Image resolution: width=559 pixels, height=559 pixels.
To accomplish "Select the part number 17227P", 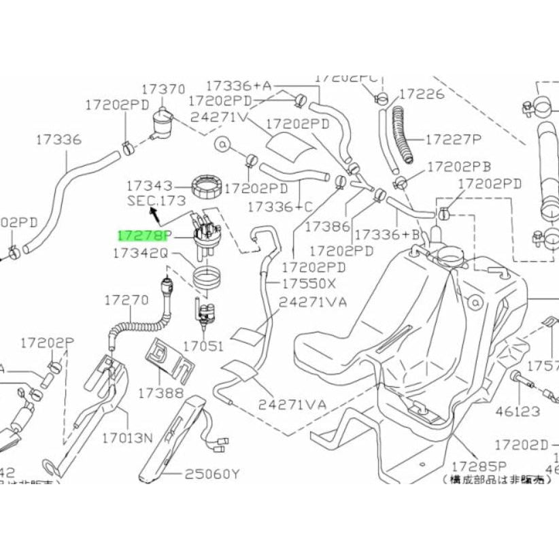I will pyautogui.click(x=453, y=140).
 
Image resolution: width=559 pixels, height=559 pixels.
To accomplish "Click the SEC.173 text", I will pyautogui.click(x=156, y=201).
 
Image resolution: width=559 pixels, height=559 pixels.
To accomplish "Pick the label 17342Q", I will pyautogui.click(x=140, y=253).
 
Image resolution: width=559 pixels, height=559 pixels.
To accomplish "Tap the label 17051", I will pyautogui.click(x=203, y=345).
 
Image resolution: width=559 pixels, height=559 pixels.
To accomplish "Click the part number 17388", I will pyautogui.click(x=160, y=392).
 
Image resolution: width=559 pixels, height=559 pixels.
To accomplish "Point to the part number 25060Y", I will pyautogui.click(x=213, y=473).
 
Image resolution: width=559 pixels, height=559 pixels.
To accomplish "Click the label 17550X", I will pyautogui.click(x=309, y=282).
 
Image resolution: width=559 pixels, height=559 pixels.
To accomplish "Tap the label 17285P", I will pyautogui.click(x=479, y=467).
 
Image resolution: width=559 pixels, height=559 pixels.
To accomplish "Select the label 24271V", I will pyautogui.click(x=220, y=116).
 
